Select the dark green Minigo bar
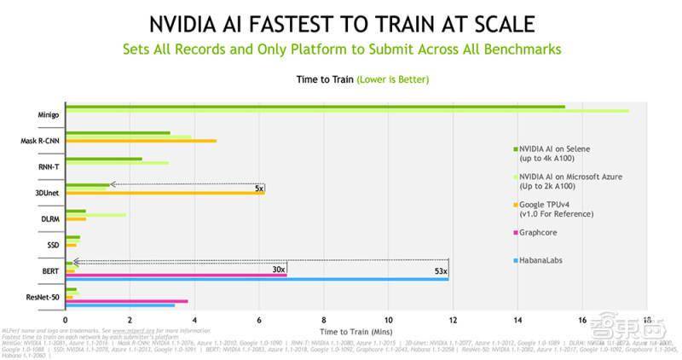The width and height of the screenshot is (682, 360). (315, 107)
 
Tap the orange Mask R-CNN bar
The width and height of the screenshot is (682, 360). (141, 141)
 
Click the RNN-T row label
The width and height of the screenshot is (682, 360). (47, 166)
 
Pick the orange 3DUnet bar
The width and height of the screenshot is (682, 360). (165, 193)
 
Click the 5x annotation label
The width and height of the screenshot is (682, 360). (260, 188)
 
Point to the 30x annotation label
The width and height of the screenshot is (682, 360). (278, 269)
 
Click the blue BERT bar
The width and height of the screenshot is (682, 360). (257, 278)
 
